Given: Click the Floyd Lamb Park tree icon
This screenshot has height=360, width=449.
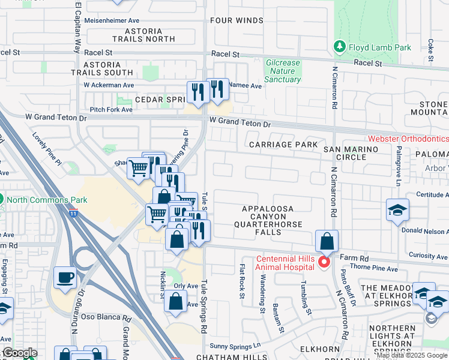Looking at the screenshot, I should point(340,46).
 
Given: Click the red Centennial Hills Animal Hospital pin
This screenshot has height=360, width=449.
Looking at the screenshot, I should point(325,262).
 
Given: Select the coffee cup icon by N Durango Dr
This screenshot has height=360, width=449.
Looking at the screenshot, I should point(65,278).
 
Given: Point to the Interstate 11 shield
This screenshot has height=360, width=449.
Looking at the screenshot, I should point(73,212).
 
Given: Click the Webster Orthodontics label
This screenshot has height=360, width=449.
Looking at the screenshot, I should point(408,139).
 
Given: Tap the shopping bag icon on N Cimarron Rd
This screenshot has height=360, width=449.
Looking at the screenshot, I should point(327,242).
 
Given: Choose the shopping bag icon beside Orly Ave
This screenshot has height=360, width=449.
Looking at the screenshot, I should point(175,303).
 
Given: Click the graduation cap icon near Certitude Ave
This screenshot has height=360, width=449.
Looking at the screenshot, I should point(397,211).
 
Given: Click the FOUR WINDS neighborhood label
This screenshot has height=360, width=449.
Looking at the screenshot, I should point(237,20).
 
